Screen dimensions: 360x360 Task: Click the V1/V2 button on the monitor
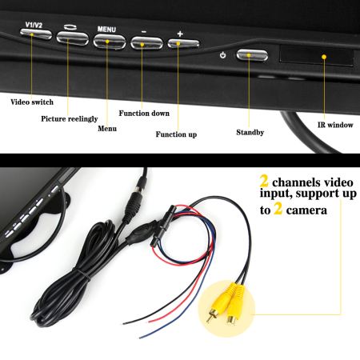[x=36, y=34]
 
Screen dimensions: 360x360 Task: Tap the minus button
[x=146, y=43]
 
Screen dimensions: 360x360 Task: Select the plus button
[x=183, y=44]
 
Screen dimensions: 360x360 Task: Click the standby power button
[x=252, y=55]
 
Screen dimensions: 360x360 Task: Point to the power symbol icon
[x=223, y=55]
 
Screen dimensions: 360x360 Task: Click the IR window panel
[x=316, y=56]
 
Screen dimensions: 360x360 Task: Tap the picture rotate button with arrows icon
[x=72, y=38]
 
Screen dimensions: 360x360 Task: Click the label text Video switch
[x=32, y=102]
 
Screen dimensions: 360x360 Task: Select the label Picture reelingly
[x=70, y=118]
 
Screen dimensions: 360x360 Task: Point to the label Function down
[x=144, y=113]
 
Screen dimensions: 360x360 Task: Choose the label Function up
[x=176, y=134]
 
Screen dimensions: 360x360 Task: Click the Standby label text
[x=250, y=132]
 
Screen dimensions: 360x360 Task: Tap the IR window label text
[x=335, y=125]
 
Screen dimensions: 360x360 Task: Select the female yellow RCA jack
[x=234, y=306]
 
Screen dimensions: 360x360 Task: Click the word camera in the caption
[x=306, y=210]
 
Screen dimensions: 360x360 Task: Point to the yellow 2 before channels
[x=264, y=181]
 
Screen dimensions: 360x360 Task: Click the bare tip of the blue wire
[x=142, y=338]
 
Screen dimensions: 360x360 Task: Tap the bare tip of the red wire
[x=151, y=322]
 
